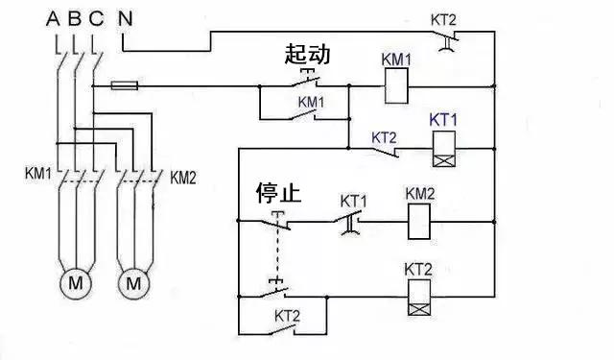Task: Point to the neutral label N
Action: coord(126,17)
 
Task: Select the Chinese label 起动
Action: coord(307,55)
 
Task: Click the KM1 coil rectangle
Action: coord(397,89)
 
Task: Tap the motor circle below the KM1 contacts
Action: coord(74,283)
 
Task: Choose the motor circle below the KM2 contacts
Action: coord(134,283)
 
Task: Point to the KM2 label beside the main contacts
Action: coord(183,178)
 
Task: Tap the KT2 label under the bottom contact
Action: coord(288,315)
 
